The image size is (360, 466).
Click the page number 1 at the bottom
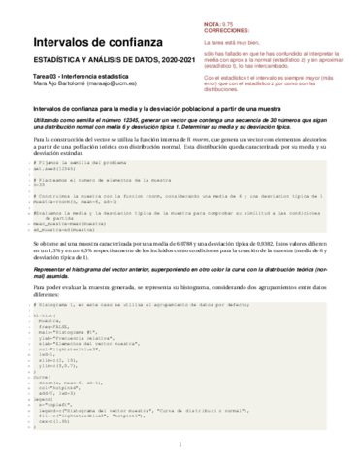click(x=180, y=447)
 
